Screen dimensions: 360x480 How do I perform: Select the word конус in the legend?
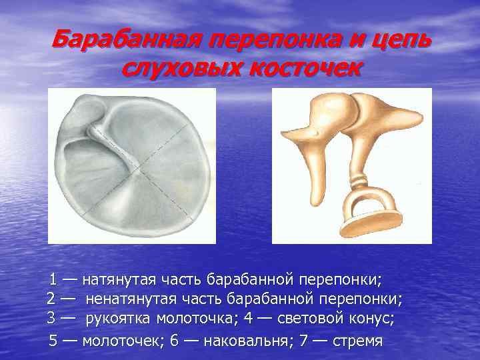370,319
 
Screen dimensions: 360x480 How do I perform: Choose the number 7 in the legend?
303,341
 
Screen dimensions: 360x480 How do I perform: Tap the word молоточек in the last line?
117,341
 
